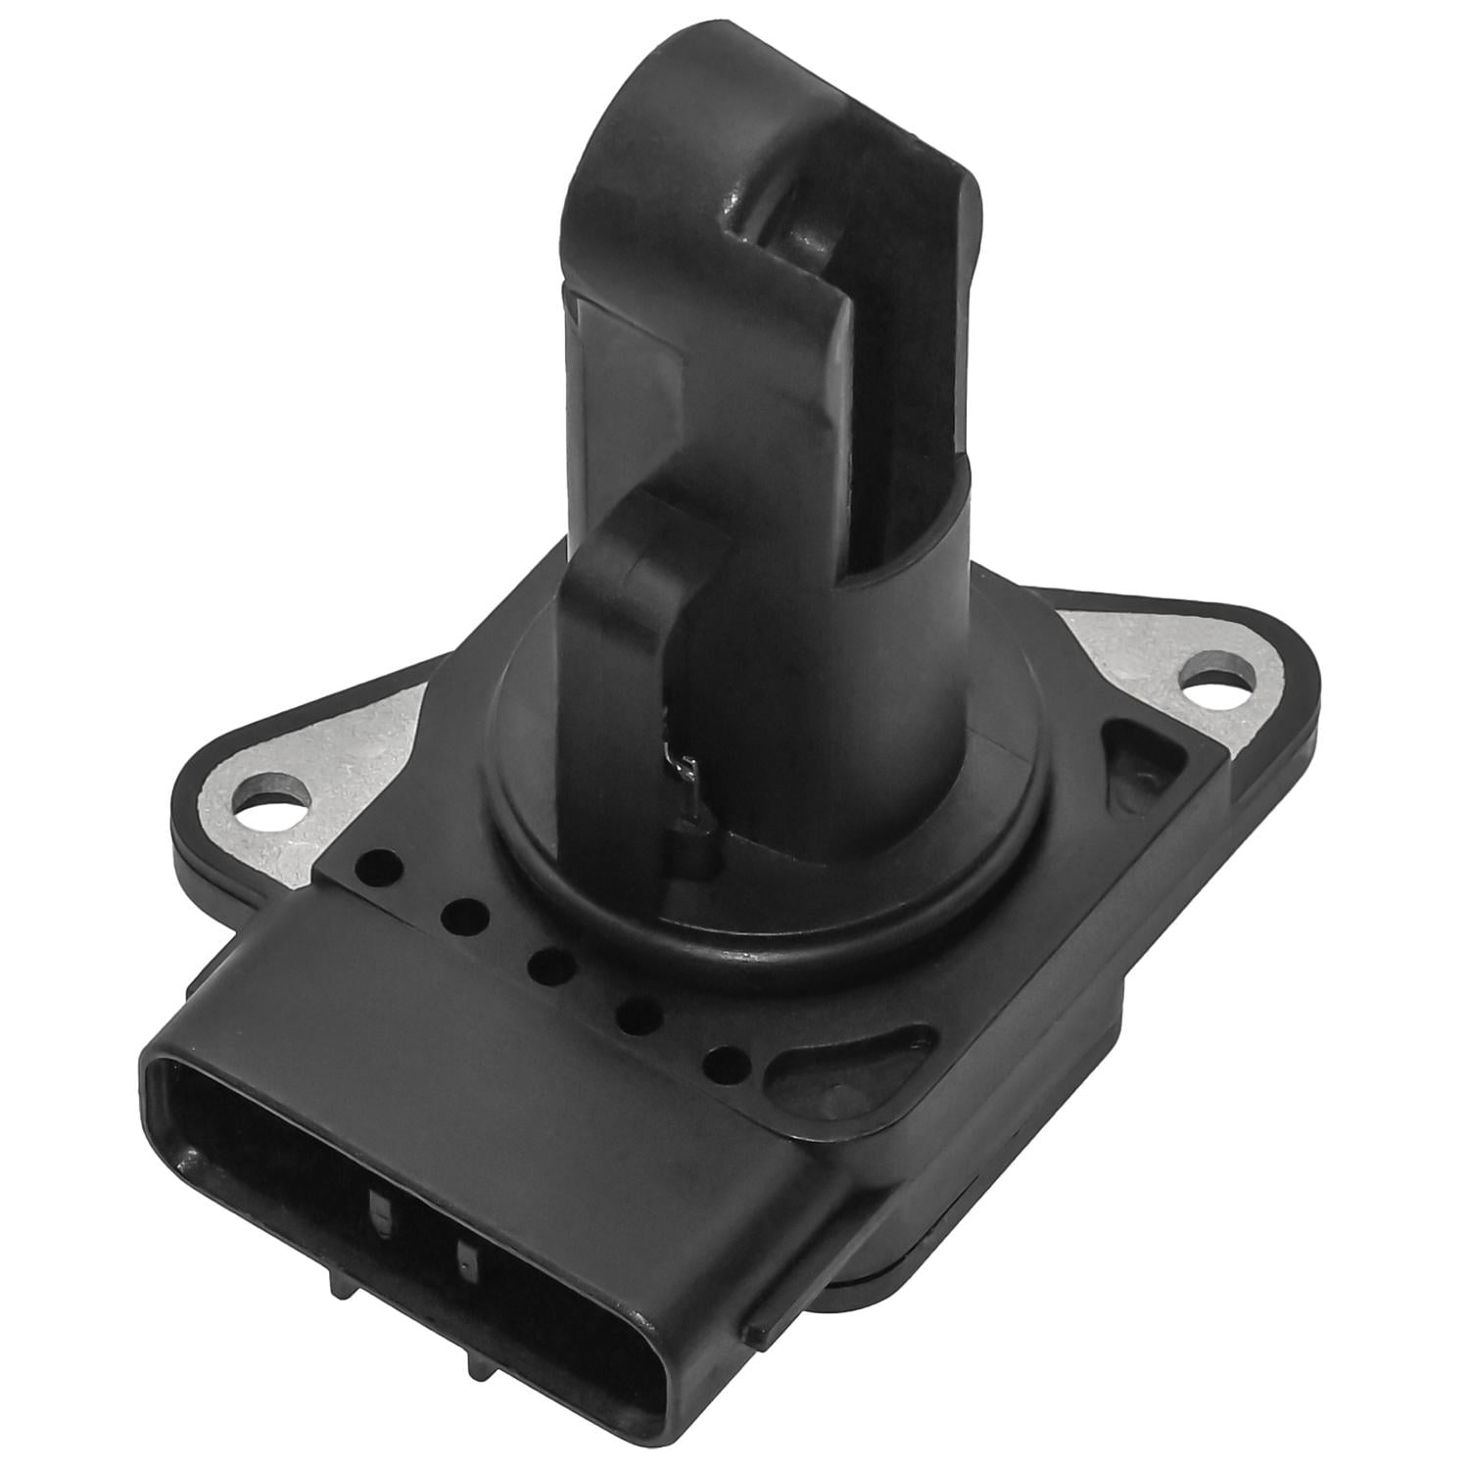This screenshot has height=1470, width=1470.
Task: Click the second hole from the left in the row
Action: click(x=464, y=917)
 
